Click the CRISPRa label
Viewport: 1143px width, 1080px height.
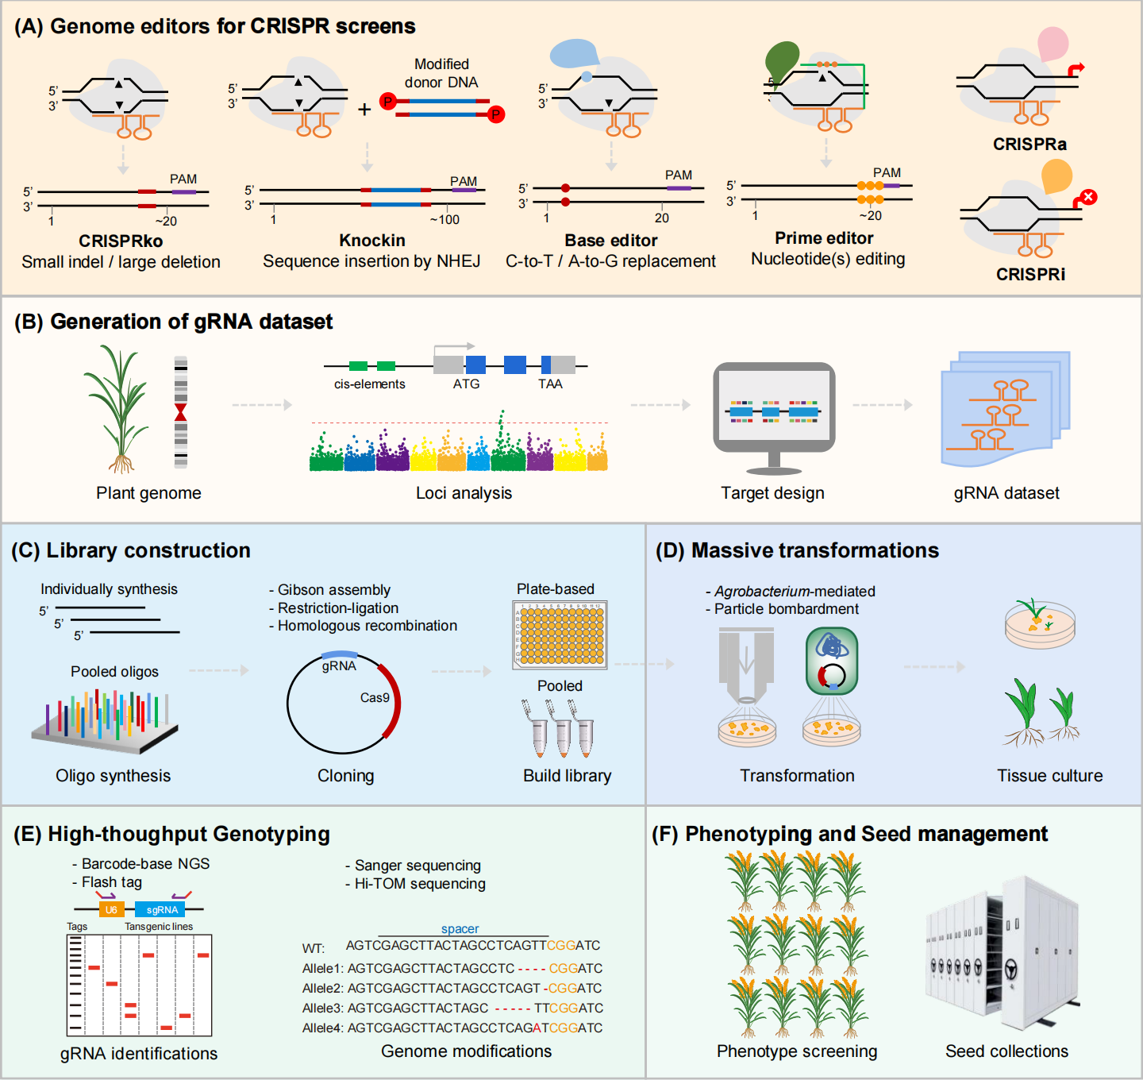tap(1029, 145)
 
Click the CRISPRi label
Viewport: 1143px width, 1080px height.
tap(1030, 275)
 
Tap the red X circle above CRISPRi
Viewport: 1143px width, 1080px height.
tap(1088, 196)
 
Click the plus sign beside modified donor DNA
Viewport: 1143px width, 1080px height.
tap(364, 110)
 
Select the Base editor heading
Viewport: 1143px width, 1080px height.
tap(610, 241)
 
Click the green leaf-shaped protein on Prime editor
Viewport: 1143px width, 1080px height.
tap(781, 60)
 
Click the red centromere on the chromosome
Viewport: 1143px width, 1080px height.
tap(181, 412)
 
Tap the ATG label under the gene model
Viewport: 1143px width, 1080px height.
tap(466, 384)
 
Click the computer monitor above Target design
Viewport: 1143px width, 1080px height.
tap(773, 409)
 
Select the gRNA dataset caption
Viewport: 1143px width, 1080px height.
tap(1006, 493)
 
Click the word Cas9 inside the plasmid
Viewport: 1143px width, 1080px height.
tap(375, 698)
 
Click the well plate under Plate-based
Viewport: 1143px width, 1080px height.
tap(560, 634)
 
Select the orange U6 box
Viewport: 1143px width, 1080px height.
tap(111, 910)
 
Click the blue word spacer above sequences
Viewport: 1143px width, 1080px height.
tap(460, 929)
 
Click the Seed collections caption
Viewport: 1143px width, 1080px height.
tap(1006, 1051)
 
